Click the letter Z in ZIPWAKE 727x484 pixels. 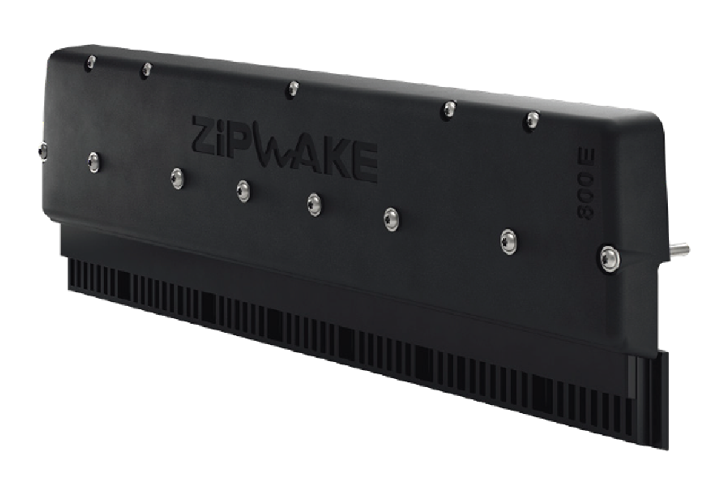tap(205, 132)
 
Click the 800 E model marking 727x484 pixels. tap(586, 184)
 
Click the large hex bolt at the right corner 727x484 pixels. tap(609, 258)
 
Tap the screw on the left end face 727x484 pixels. tap(42, 151)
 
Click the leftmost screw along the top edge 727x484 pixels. tap(91, 61)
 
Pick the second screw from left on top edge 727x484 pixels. tap(147, 70)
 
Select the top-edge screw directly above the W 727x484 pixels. tap(293, 89)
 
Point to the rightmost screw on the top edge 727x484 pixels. tap(533, 120)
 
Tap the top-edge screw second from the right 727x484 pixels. tap(449, 110)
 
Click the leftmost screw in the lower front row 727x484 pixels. tap(93, 162)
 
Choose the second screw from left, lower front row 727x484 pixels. tap(177, 178)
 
